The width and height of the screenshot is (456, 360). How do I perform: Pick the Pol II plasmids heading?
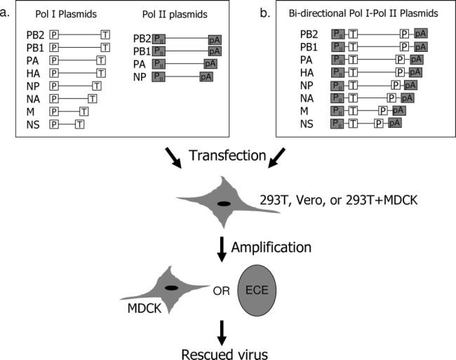[178, 14]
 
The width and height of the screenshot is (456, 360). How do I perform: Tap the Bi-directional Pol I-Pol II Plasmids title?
[364, 14]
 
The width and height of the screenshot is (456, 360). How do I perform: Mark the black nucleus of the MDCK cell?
[171, 288]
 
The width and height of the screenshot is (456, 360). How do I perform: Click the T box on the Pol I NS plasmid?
[79, 124]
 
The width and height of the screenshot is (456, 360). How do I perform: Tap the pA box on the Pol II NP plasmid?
[206, 76]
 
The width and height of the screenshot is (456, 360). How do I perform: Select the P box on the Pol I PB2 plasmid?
[54, 34]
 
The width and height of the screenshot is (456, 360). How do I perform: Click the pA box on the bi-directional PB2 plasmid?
[422, 33]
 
